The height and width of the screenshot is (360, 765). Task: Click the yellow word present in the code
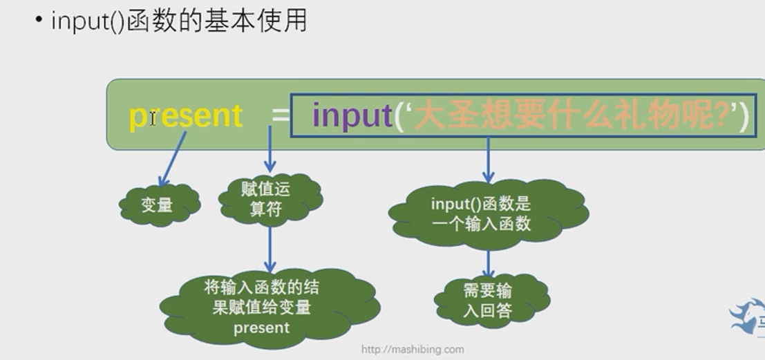click(x=185, y=115)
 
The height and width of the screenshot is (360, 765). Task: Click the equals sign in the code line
click(x=279, y=115)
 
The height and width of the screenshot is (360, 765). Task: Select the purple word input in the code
click(x=352, y=115)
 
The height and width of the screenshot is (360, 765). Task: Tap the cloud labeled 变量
click(x=158, y=205)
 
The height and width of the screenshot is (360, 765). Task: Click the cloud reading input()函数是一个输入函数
click(x=487, y=214)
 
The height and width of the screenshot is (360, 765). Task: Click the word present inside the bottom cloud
click(x=261, y=328)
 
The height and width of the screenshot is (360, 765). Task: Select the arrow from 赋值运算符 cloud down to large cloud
click(x=270, y=249)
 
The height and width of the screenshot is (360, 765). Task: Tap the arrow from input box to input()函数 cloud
click(x=489, y=160)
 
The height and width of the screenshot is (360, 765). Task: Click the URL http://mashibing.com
click(x=413, y=350)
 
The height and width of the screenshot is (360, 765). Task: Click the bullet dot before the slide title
click(x=39, y=20)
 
